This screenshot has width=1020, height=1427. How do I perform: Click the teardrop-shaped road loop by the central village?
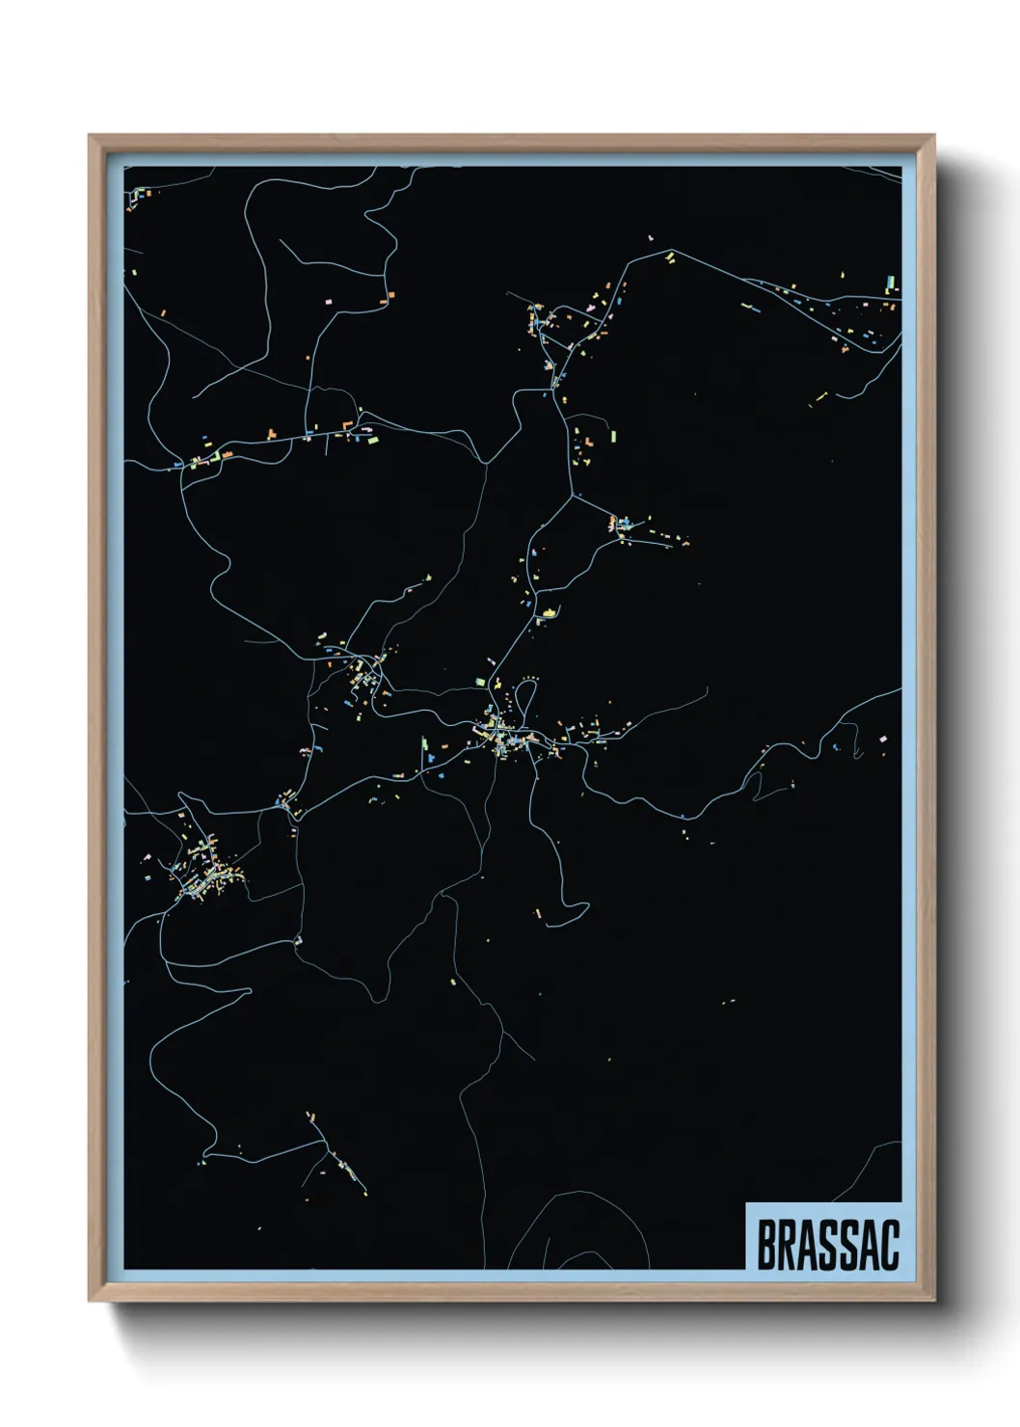pos(525,699)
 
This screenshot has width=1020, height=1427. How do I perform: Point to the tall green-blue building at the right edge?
pos(890,283)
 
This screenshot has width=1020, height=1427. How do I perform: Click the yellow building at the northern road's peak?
pos(669,256)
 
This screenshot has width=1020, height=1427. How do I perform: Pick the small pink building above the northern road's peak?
pos(651,235)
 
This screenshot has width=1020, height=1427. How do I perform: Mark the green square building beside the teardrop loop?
pos(480,682)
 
